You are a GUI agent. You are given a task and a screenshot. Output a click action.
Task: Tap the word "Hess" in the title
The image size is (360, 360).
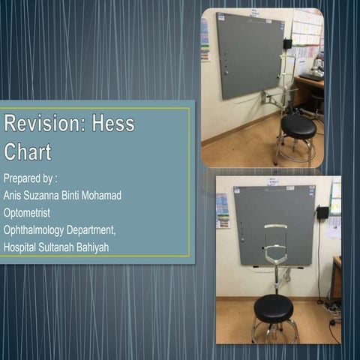click(113, 124)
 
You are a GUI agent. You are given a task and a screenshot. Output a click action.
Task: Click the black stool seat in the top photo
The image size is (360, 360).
click(298, 125)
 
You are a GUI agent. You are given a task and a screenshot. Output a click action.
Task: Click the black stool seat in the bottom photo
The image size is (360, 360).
click(274, 307)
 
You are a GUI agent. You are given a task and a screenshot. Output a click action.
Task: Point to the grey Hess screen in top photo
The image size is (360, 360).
click(249, 54)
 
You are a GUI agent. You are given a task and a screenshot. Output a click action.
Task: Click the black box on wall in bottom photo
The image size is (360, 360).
click(322, 213)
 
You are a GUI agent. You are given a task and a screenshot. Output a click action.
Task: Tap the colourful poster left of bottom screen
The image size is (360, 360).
click(223, 210)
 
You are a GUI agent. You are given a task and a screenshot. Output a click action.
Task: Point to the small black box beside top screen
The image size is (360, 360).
click(288, 44)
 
